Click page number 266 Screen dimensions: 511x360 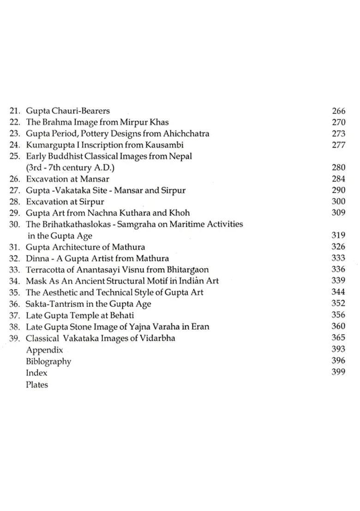pos(338,111)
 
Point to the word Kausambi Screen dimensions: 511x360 pos(165,145)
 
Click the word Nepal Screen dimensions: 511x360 pos(180,156)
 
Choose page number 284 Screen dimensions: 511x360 pos(338,179)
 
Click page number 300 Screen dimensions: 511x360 pos(338,202)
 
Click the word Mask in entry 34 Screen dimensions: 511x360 pos(35,281)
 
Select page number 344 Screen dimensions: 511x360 pos(338,292)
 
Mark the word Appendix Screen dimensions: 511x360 pos(44,350)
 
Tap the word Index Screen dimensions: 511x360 pos(36,373)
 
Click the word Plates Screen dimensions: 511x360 pos(37,384)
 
